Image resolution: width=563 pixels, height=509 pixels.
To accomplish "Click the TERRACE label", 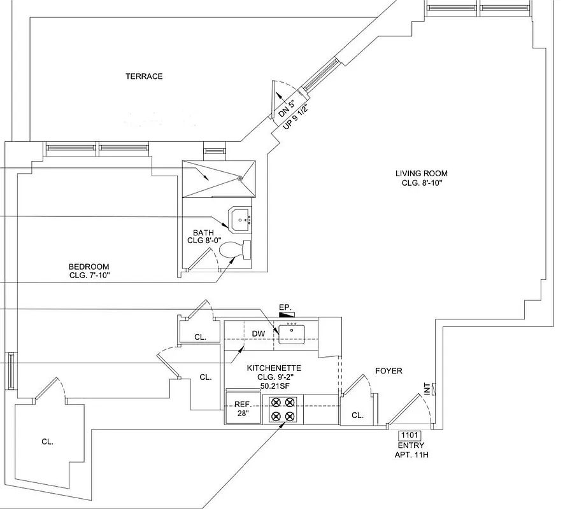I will coord(144,76).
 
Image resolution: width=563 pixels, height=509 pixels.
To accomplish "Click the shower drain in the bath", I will coord(240,179).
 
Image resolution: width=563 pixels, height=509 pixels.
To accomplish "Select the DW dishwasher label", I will coord(258,333).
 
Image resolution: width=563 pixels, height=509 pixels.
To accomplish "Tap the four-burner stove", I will coord(283,409).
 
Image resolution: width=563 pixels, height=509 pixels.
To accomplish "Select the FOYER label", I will coord(388,371).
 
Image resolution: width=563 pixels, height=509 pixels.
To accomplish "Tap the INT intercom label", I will coord(427,388).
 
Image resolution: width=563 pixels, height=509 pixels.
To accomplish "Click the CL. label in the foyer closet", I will coord(357,415).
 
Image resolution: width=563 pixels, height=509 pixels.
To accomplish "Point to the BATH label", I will coord(204,233).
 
